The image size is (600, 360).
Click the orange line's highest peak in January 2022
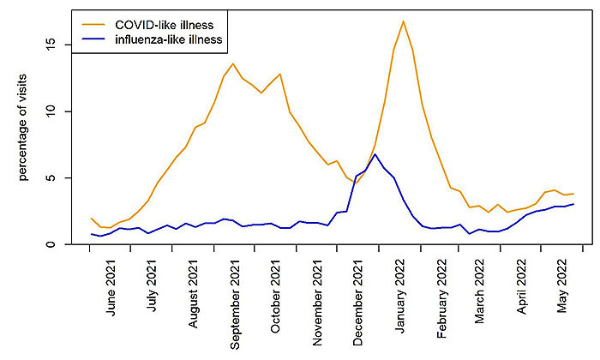(403, 21)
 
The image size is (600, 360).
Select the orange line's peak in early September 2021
(233, 63)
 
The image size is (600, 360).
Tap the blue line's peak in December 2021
(375, 154)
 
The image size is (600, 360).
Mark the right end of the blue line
(573, 204)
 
